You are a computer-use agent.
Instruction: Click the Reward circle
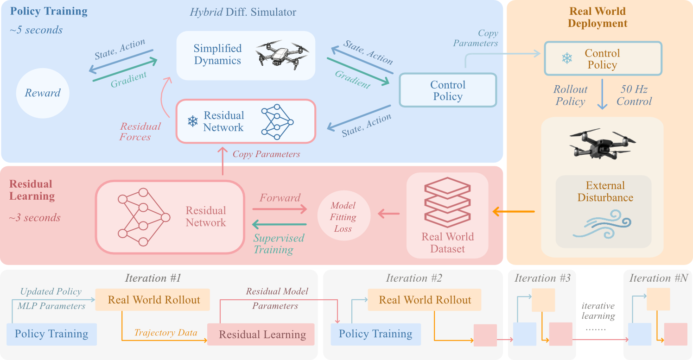[43, 93]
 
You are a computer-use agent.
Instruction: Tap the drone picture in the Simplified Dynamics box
[281, 54]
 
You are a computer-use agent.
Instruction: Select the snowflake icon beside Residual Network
[192, 121]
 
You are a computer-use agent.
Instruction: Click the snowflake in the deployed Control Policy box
[566, 59]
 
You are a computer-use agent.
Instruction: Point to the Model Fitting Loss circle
[343, 217]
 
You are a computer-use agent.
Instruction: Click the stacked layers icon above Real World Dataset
[447, 202]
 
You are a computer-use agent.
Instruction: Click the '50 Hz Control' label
[634, 95]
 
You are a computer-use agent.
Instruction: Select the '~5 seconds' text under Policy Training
[36, 31]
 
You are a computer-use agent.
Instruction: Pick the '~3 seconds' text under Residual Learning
[35, 218]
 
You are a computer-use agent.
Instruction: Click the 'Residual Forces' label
[140, 132]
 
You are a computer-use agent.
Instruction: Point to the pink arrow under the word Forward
[280, 209]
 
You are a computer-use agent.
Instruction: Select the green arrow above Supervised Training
[280, 225]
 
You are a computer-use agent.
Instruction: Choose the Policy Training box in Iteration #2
[375, 334]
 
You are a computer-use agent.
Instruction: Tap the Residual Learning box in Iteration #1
[262, 335]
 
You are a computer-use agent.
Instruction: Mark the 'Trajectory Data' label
[165, 333]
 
